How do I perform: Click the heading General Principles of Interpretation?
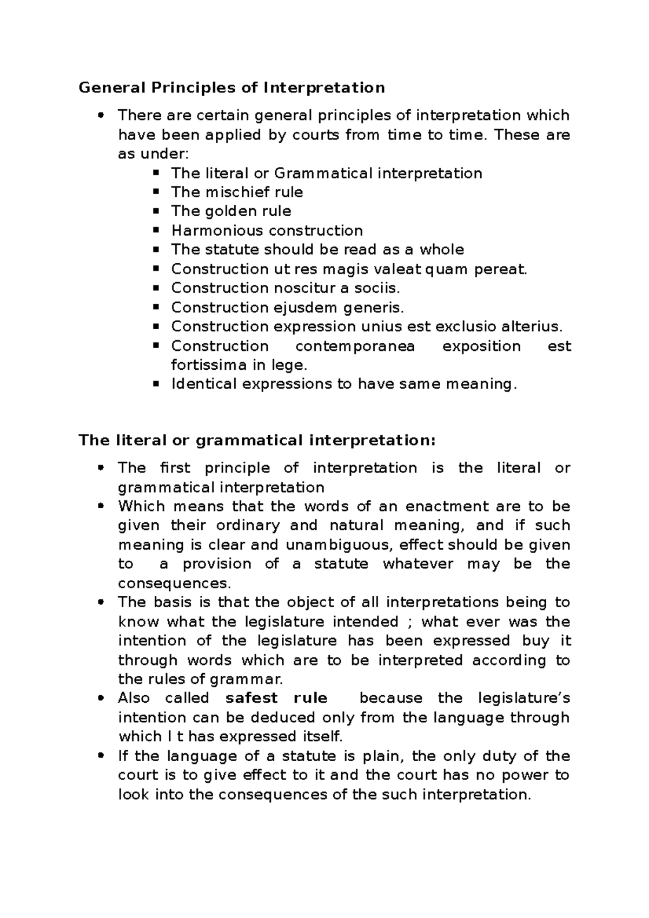[231, 88]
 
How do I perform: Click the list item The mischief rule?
[237, 192]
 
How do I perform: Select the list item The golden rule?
[231, 211]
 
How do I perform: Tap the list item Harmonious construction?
[267, 230]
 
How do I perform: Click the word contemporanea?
[355, 346]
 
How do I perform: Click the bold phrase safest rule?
[276, 698]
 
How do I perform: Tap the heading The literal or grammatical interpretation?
[257, 441]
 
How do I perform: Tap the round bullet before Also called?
[100, 698]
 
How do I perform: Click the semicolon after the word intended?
[409, 622]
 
